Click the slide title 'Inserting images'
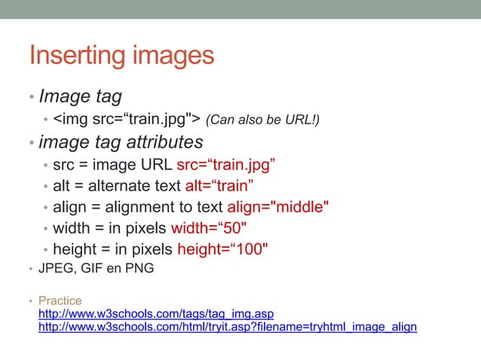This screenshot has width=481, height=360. pyautogui.click(x=121, y=55)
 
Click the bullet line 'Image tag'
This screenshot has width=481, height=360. pyautogui.click(x=80, y=96)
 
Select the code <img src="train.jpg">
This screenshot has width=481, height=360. pyautogui.click(x=126, y=119)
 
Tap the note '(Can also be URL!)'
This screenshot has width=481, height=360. pyautogui.click(x=262, y=120)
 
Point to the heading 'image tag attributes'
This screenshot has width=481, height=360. pyautogui.click(x=121, y=142)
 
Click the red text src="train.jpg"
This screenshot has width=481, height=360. pyautogui.click(x=225, y=166)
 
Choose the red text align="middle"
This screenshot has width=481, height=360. pyautogui.click(x=278, y=208)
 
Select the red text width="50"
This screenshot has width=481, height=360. pyautogui.click(x=219, y=229)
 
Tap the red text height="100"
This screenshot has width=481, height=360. pyautogui.click(x=222, y=250)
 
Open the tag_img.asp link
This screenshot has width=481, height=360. pyautogui.click(x=155, y=313)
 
